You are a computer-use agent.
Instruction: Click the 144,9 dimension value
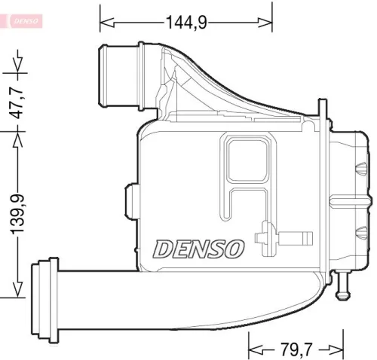186,23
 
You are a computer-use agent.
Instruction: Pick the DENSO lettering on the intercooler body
199,247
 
